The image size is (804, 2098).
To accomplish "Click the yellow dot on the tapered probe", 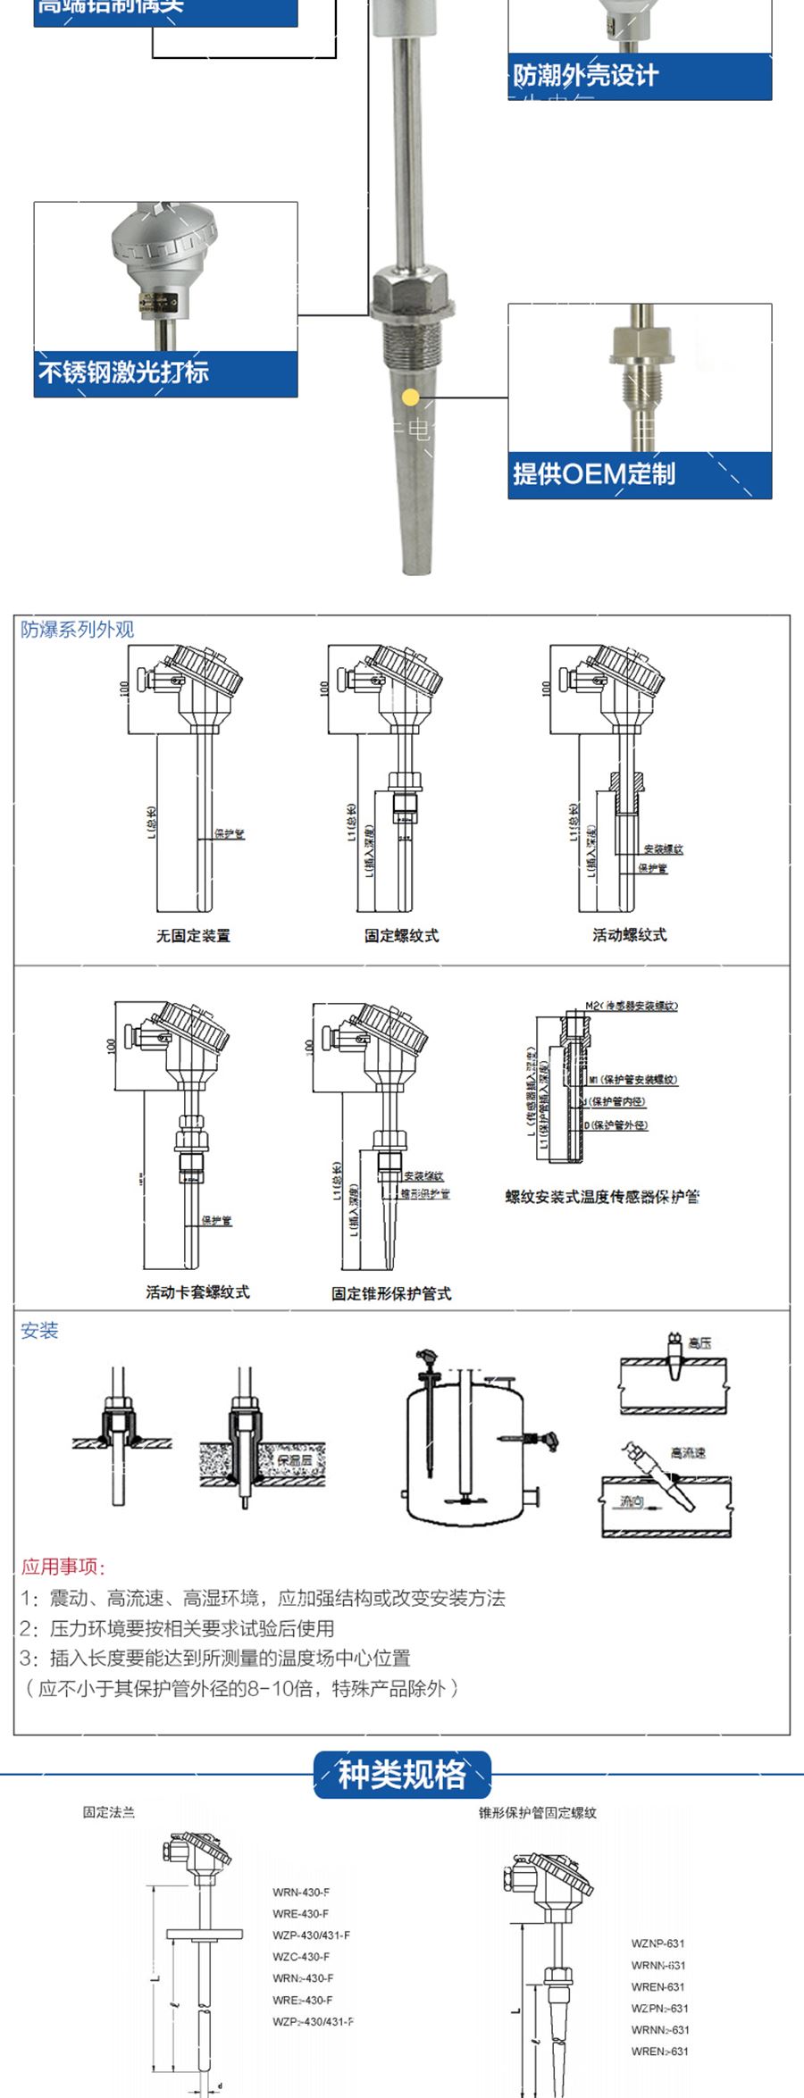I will (x=410, y=397).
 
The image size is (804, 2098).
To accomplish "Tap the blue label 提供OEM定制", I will (x=593, y=473).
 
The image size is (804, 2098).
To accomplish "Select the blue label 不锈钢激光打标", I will (x=123, y=372).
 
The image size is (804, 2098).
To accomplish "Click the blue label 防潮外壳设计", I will (x=585, y=75).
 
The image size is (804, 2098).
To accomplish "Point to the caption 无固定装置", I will (x=193, y=935).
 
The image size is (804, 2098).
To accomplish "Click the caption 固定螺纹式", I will (x=401, y=935).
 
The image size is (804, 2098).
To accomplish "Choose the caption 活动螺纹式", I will (x=629, y=934).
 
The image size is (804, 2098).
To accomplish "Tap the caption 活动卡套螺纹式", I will (x=197, y=1291).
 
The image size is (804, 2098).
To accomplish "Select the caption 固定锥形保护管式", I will (x=391, y=1292).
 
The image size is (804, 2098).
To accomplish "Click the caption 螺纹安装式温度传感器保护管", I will (x=602, y=1196).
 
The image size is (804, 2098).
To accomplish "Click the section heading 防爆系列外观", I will (x=78, y=629).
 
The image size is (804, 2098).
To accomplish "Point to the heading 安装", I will (x=39, y=1330).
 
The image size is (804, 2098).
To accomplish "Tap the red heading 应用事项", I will (x=63, y=1567).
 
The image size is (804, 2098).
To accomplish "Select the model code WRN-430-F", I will (x=301, y=1892).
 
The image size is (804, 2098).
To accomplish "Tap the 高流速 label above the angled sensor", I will (x=688, y=1452).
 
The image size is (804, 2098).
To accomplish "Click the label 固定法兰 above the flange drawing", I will (x=109, y=1812).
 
